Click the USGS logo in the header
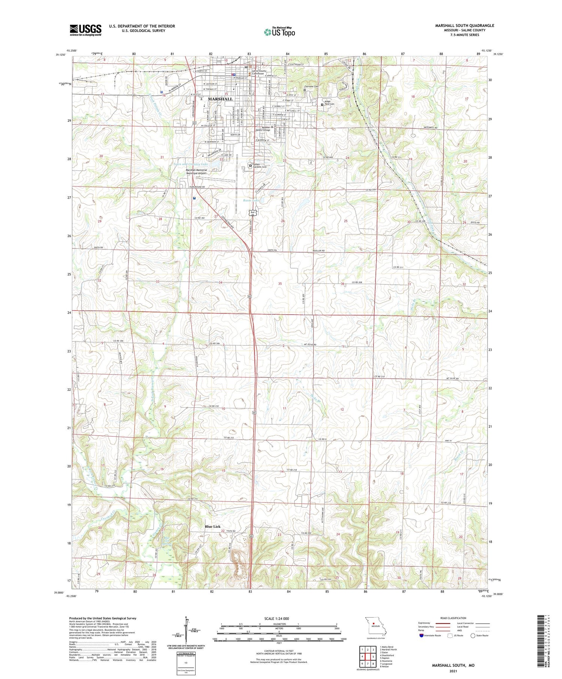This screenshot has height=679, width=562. coord(85,30)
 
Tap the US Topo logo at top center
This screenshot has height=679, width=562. coord(280,32)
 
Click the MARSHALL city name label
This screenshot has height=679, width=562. coord(220,99)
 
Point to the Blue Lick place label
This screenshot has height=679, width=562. coord(212,526)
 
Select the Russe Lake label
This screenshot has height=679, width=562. coord(251,200)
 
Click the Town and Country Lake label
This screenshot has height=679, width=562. coord(190,164)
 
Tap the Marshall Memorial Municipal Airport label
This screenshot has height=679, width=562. coord(196,172)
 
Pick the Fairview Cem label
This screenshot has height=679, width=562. coord(312,87)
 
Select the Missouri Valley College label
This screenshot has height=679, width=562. coord(263,128)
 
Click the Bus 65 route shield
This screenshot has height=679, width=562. coord(253,213)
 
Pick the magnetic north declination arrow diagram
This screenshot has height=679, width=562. coord(186,629)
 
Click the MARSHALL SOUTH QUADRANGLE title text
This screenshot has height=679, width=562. coord(464,25)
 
